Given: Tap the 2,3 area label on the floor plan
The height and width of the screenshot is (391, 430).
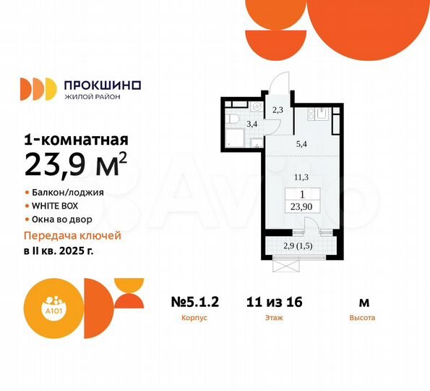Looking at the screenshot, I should [278, 110].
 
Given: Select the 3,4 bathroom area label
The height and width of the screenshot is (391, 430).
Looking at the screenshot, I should [252, 124].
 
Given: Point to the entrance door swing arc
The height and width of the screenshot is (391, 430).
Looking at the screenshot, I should [279, 83].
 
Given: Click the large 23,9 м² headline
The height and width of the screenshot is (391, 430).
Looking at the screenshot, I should [77, 164].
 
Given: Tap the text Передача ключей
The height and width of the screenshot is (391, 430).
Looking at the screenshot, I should [72, 236].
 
